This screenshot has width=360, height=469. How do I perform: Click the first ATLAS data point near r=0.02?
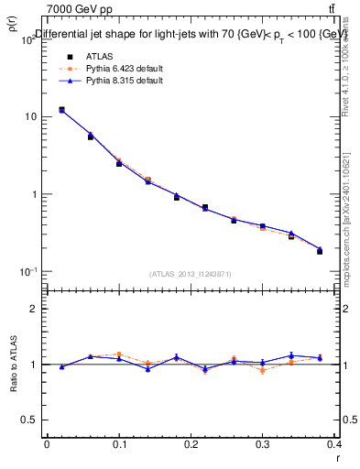[x=61, y=110]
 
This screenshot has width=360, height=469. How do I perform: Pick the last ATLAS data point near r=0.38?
[x=320, y=251]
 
